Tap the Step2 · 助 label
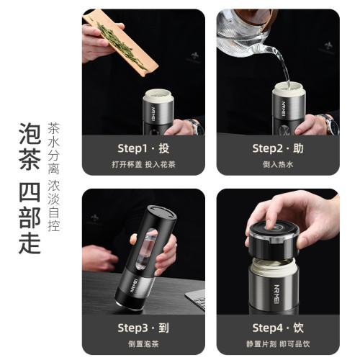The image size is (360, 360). [x=276, y=149]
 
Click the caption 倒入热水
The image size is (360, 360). [x=276, y=165]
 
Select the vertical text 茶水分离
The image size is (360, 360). [x=53, y=147]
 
